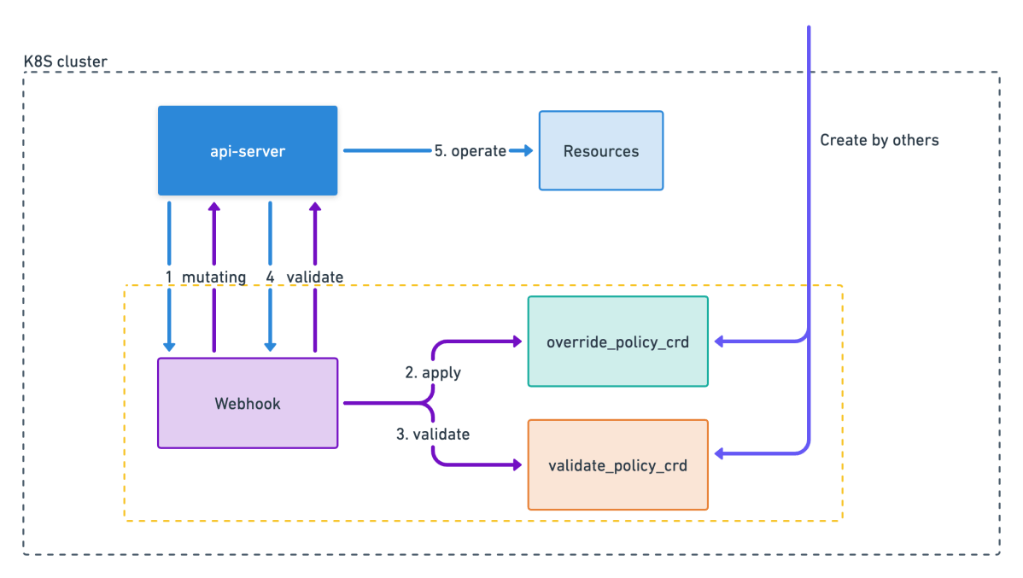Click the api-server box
point(248,151)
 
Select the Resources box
point(601,151)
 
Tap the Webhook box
point(248,403)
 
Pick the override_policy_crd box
point(618,342)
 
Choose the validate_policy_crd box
point(618,464)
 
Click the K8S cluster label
point(65,61)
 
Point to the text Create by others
point(879,140)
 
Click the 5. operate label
point(471,151)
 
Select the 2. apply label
point(433,372)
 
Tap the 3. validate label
point(433,434)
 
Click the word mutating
point(214,277)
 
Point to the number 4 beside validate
point(270,277)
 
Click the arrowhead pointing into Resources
point(528,151)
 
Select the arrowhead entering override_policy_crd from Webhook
point(517,342)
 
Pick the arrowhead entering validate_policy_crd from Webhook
point(517,464)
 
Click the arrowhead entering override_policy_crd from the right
point(720,342)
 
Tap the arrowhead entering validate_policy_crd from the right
point(720,453)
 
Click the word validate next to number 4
point(314,277)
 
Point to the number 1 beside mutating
point(169,277)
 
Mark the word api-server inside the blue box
point(248,151)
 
